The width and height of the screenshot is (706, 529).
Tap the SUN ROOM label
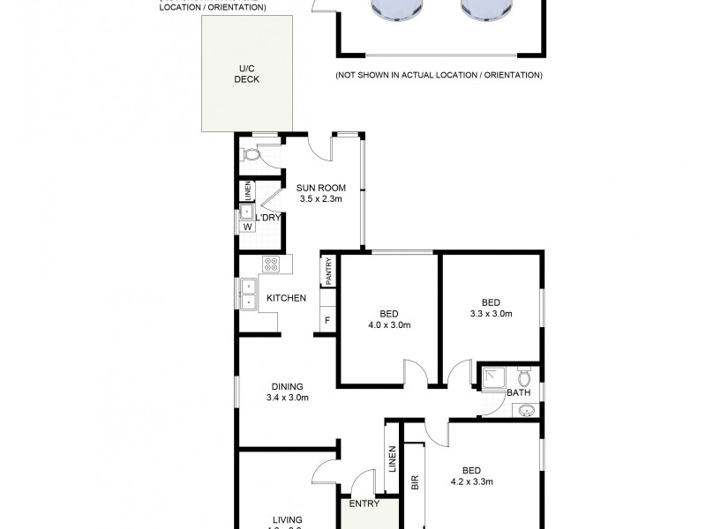pos(320,187)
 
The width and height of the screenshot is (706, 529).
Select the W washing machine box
pos(248,227)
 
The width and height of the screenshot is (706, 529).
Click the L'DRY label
pos(268,216)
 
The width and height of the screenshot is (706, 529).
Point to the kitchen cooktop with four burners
pos(271,263)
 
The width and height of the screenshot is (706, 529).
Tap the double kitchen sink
pos(249,294)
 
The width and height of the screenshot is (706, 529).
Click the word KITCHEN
pos(287,298)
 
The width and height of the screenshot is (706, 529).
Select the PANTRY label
pos(328,270)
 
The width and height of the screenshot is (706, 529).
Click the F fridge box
pos(327,320)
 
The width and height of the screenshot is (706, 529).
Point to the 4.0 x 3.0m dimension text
pos(389,325)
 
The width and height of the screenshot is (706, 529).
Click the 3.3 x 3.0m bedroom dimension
pos(492,313)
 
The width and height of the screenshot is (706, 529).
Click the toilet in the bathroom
pos(523,378)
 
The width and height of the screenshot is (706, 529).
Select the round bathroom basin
pos(527,410)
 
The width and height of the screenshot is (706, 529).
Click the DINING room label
pos(288,386)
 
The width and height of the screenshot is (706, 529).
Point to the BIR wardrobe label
pos(415,482)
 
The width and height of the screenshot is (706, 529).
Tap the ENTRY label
pos(364,504)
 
